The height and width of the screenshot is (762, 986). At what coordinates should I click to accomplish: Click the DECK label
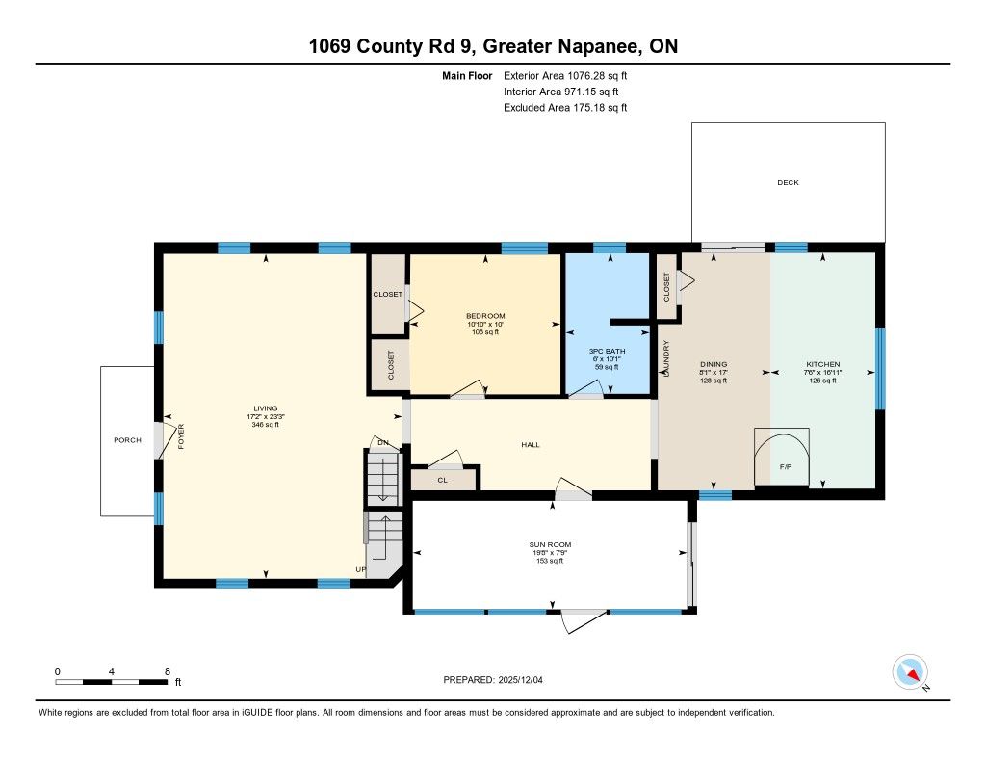click(788, 182)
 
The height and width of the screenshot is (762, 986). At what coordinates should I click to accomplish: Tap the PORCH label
click(128, 440)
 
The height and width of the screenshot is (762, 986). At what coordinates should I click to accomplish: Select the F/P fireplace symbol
click(782, 457)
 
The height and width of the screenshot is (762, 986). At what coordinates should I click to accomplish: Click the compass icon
click(910, 672)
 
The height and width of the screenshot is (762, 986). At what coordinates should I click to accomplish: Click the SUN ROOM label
click(550, 545)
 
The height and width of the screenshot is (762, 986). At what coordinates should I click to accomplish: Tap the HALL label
click(531, 445)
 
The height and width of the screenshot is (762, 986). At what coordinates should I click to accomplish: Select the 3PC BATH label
click(607, 351)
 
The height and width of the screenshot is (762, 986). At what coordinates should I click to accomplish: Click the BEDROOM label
click(485, 316)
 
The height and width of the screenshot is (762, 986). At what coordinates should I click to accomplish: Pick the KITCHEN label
click(823, 364)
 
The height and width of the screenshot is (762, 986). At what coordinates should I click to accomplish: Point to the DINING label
click(714, 364)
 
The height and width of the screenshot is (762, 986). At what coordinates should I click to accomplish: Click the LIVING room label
click(266, 408)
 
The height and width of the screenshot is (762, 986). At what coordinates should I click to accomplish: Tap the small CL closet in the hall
click(443, 480)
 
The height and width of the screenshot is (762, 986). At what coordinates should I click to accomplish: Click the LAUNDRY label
click(666, 358)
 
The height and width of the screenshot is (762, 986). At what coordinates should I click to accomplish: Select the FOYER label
click(181, 436)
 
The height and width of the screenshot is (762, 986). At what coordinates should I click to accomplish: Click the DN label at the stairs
click(383, 442)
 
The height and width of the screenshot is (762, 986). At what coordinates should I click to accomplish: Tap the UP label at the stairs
click(361, 569)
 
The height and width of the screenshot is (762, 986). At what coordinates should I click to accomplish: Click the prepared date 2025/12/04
click(521, 680)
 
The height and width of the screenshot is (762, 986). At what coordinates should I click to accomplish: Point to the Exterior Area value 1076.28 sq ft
click(597, 76)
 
